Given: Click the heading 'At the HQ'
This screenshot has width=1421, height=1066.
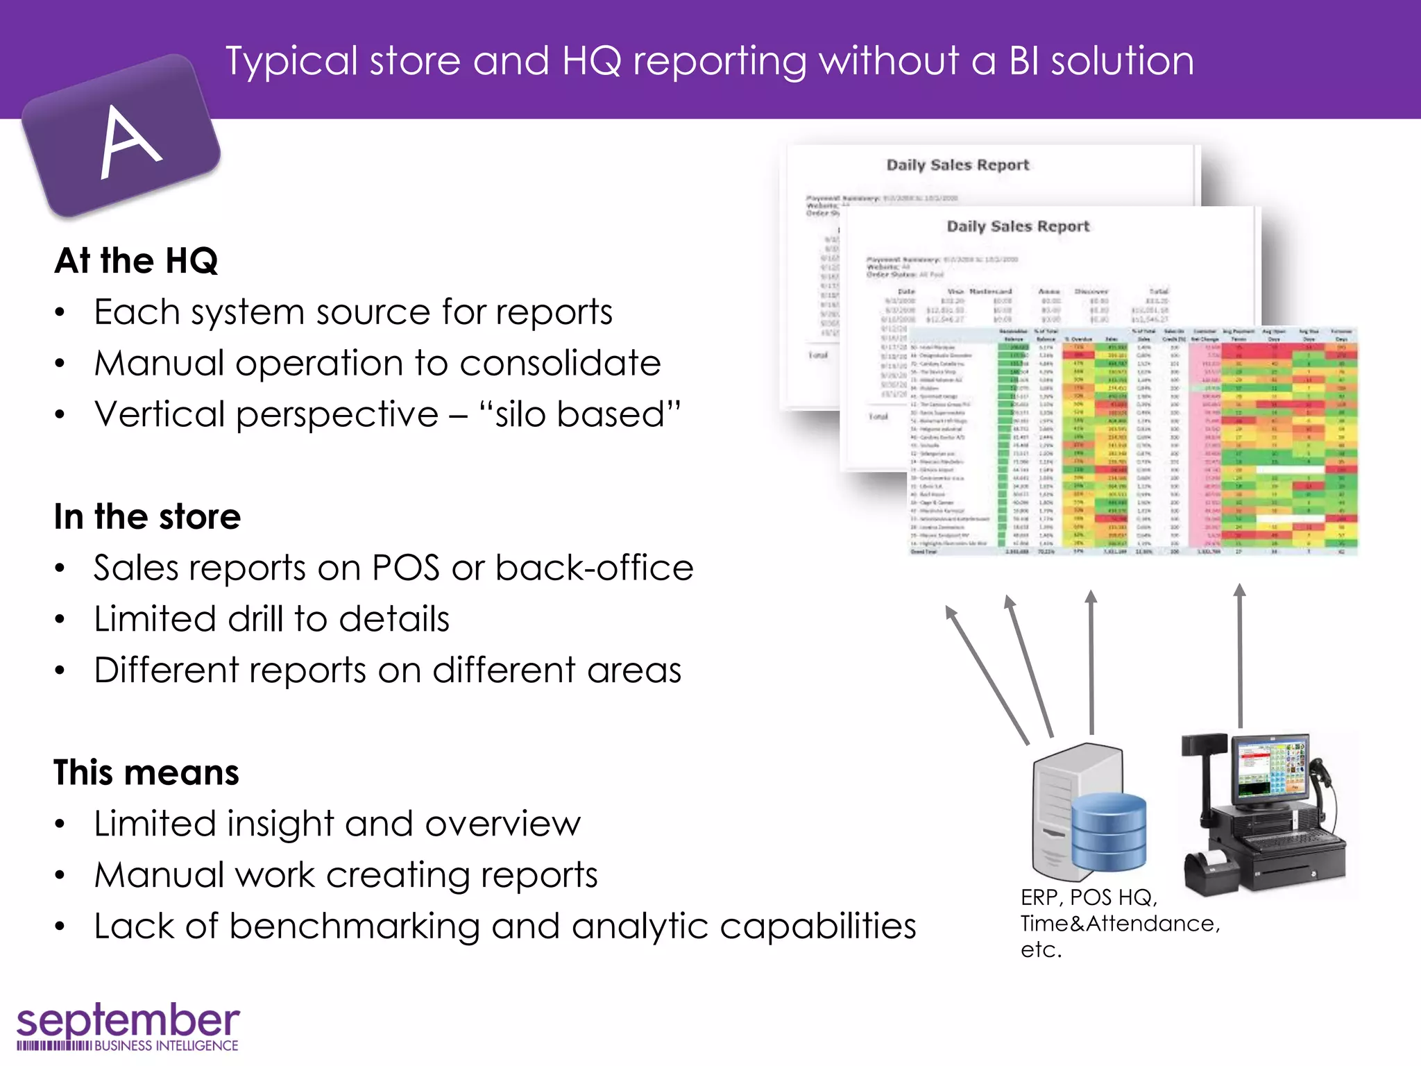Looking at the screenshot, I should [x=136, y=261].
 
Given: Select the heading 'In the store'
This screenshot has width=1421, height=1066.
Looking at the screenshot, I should [x=147, y=517].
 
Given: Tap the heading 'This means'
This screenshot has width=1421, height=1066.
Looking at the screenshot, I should [x=146, y=772].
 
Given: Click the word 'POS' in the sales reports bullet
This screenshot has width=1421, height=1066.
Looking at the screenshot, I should [x=405, y=568].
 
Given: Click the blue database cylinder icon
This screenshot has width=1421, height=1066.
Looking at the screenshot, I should [x=1108, y=832].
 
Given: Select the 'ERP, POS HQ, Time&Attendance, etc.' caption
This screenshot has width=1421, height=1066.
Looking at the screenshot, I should [x=1119, y=924].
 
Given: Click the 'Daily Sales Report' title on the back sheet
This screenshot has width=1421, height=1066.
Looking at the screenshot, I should [x=958, y=165].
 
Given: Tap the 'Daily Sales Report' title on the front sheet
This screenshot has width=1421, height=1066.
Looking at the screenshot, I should [x=1018, y=226].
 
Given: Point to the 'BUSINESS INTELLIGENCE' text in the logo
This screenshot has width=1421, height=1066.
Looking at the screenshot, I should [x=166, y=1046].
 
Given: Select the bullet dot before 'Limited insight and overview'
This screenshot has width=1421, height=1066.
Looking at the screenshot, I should [x=60, y=824].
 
